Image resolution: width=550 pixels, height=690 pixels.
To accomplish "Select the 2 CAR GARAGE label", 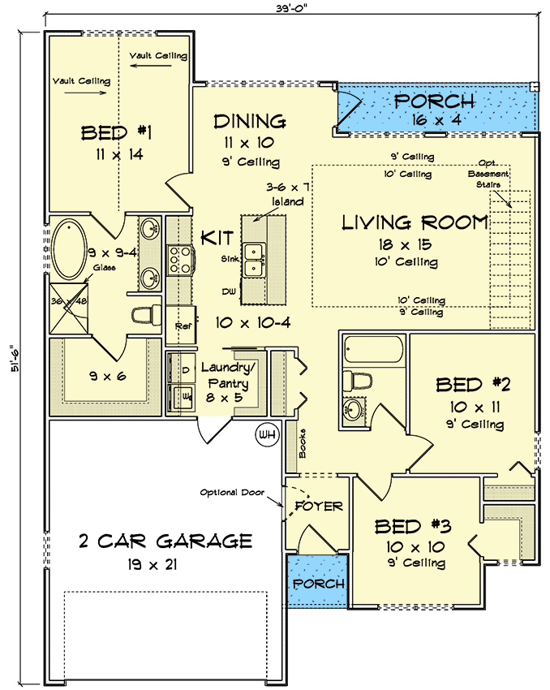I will [165, 541].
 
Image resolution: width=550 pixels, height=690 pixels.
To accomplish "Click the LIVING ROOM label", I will [415, 222].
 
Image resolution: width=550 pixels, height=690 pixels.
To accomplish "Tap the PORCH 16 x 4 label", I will [434, 101].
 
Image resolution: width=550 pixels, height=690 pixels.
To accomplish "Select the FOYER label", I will [319, 506].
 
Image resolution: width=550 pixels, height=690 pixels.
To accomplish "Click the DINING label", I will [249, 122].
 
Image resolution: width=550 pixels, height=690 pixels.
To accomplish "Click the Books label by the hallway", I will [300, 444].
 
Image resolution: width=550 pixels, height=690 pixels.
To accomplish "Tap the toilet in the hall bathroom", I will [357, 380].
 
